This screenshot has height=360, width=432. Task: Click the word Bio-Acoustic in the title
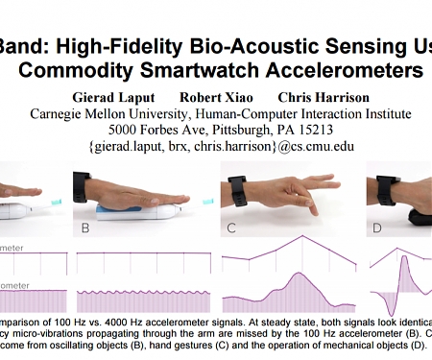point(248,43)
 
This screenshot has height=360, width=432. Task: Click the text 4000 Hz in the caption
point(124,317)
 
